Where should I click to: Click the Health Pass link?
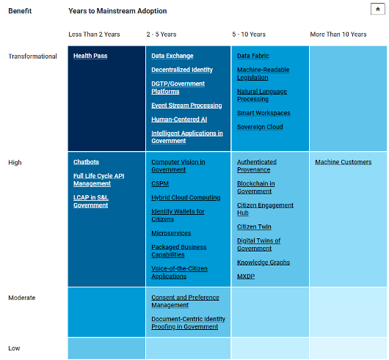tap(90, 56)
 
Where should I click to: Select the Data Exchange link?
tap(172, 56)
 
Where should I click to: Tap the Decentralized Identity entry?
tap(182, 70)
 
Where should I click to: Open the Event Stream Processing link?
tap(186, 106)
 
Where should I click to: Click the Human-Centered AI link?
tap(179, 120)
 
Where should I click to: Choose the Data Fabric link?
tap(252, 56)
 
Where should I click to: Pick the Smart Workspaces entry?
tap(263, 113)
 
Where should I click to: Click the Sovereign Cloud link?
tap(260, 127)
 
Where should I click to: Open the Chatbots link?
tap(86, 162)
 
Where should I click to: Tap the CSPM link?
tap(160, 183)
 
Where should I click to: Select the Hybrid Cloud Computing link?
tap(186, 197)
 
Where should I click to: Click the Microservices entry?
tap(171, 233)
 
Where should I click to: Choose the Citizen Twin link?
tap(254, 227)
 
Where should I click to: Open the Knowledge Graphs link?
tap(263, 262)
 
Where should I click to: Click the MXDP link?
tap(246, 276)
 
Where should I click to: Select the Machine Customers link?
tap(343, 162)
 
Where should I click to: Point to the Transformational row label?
tap(32, 56)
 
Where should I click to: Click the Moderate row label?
tap(22, 298)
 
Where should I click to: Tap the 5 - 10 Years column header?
tap(249, 34)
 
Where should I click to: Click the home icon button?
tap(377, 10)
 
